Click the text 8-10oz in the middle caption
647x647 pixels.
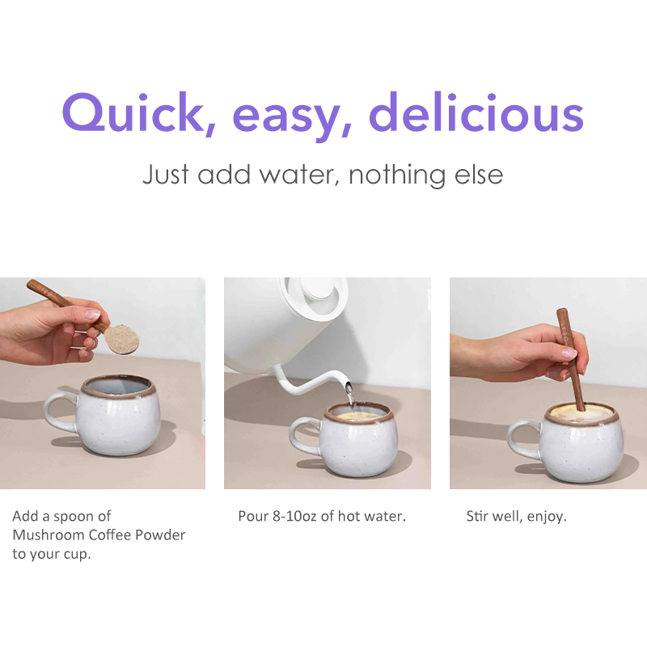pos(296,516)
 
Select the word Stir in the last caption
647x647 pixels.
pos(477,516)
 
